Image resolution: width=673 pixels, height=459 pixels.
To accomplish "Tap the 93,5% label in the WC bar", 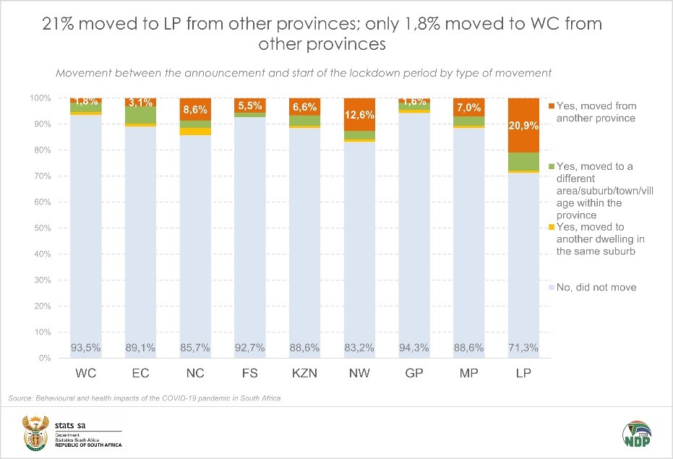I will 85,348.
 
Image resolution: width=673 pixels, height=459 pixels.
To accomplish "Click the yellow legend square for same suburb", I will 552,228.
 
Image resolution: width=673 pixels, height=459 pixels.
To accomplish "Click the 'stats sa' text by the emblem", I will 69,422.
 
